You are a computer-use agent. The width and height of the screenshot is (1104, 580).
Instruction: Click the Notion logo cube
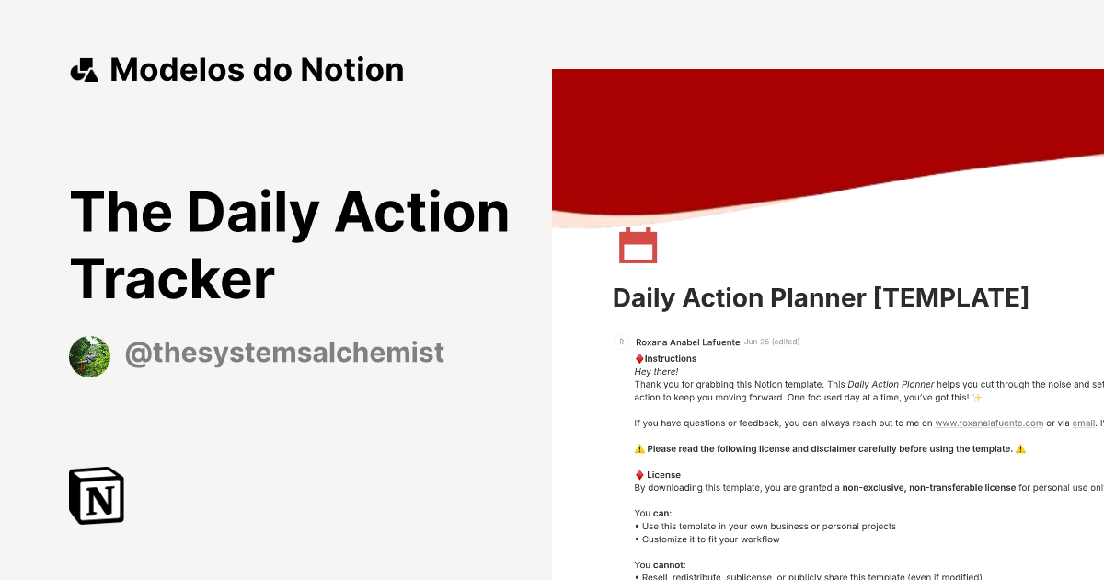pyautogui.click(x=97, y=495)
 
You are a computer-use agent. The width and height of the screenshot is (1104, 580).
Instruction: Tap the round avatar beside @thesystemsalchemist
pyautogui.click(x=89, y=356)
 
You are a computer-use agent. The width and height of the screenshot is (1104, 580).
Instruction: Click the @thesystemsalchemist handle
pyautogui.click(x=284, y=353)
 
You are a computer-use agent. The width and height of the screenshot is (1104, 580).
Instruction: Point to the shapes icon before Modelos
pyautogui.click(x=84, y=70)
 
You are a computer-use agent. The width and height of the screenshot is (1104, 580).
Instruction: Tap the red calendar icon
pyautogui.click(x=638, y=246)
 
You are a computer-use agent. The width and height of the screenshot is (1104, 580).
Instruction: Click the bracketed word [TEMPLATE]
pyautogui.click(x=950, y=297)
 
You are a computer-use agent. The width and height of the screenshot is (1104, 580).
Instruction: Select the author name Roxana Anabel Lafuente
pyautogui.click(x=687, y=342)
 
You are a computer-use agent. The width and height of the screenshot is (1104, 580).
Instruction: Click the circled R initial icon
pyautogui.click(x=621, y=342)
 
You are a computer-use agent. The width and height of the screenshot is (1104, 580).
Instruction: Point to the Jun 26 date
pyautogui.click(x=755, y=342)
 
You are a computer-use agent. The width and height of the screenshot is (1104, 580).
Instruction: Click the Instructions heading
pyautogui.click(x=670, y=359)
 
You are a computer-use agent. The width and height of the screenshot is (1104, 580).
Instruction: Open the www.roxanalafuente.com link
pyautogui.click(x=989, y=423)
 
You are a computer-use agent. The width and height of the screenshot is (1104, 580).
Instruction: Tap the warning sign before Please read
pyautogui.click(x=639, y=449)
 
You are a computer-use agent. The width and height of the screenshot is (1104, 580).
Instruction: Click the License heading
pyautogui.click(x=663, y=475)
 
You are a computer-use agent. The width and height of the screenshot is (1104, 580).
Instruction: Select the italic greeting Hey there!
pyautogui.click(x=656, y=372)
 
